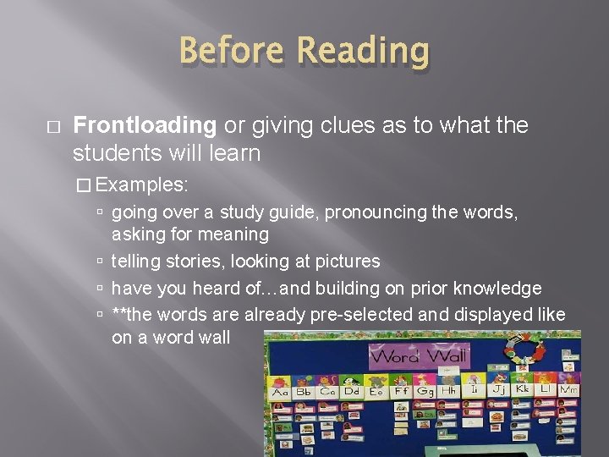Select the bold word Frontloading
coord(145,126)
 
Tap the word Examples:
coord(149,184)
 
